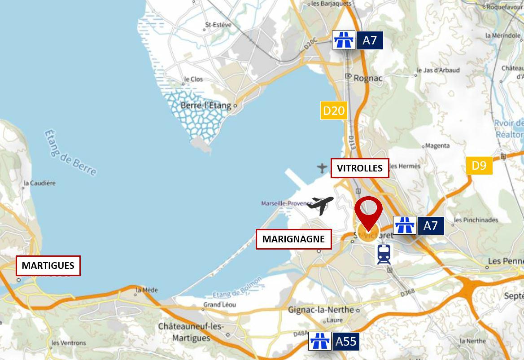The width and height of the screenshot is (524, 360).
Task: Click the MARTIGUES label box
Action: (48, 265)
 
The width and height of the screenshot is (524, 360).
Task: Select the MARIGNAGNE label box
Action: (293, 239)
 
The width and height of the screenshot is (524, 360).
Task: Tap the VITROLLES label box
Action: (360, 168)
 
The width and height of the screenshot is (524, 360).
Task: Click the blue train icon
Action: (384, 254)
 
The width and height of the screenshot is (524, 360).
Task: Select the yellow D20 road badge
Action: (334, 110)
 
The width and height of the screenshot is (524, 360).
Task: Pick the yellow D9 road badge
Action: (479, 166)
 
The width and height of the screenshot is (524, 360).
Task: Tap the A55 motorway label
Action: (346, 342)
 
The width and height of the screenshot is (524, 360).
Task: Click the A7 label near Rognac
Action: (370, 40)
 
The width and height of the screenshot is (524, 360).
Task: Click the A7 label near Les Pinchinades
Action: (430, 225)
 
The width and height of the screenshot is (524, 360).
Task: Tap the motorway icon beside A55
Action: (320, 342)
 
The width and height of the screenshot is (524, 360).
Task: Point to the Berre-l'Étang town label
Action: (206, 106)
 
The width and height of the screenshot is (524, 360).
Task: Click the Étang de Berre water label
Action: (70, 153)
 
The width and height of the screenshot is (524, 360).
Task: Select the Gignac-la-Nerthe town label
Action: (322, 310)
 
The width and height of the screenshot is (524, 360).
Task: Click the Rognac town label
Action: (368, 78)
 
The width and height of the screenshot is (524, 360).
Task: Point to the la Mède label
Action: (147, 290)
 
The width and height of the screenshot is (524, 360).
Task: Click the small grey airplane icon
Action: (322, 168)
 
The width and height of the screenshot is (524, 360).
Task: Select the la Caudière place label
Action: (39, 183)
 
